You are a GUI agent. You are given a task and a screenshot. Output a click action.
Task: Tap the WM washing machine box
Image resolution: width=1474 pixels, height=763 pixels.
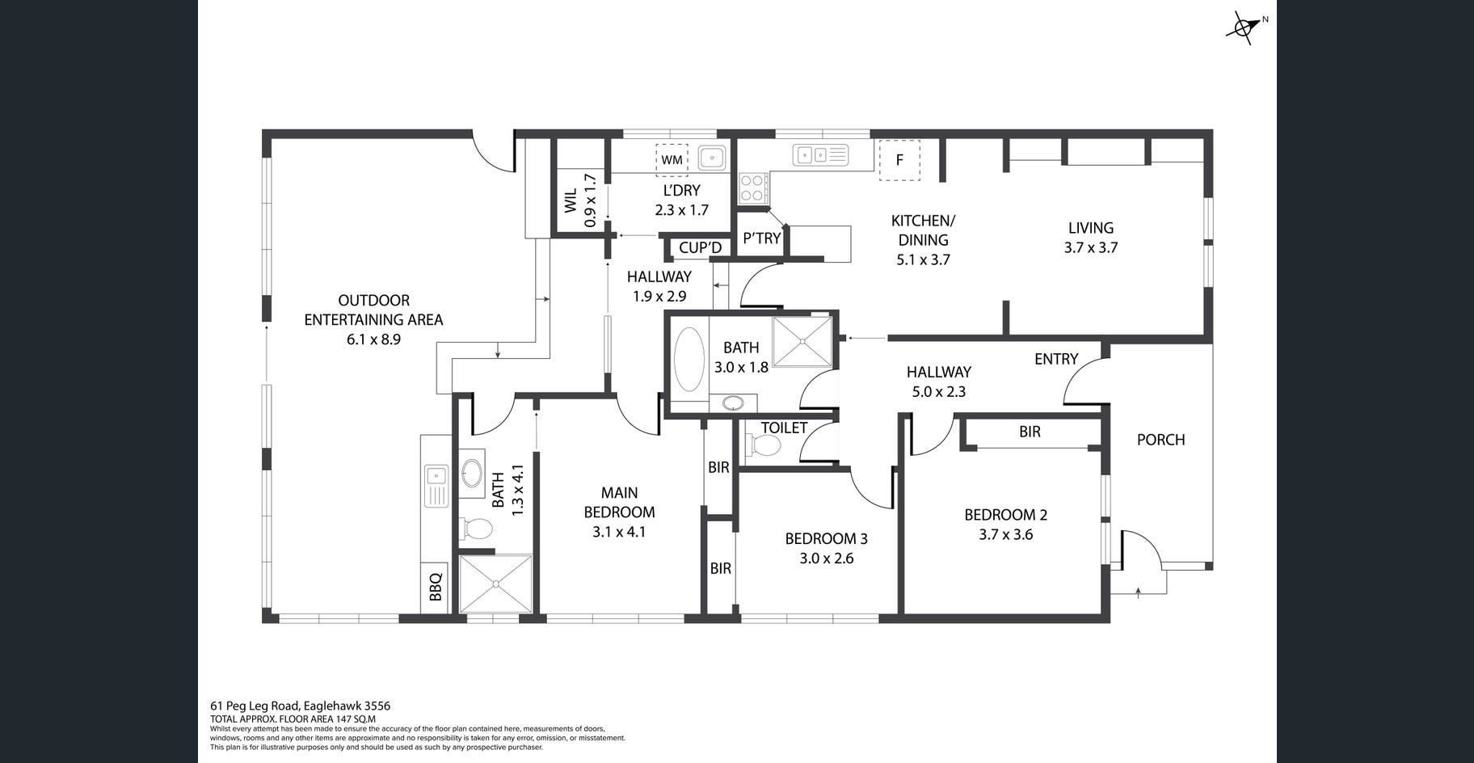[672, 159]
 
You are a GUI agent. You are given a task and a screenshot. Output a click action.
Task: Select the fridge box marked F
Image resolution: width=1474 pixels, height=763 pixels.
[899, 159]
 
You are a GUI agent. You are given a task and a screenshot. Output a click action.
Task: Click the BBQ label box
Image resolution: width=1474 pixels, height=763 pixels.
[435, 587]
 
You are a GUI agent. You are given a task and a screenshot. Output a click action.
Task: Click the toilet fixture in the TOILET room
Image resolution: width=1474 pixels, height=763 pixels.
[764, 445]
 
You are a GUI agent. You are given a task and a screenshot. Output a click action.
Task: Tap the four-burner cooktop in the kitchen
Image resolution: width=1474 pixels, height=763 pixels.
[752, 188]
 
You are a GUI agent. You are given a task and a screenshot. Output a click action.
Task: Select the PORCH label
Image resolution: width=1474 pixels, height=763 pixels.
[1160, 440]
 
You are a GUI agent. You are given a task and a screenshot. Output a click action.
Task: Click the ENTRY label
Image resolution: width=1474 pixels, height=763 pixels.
[1056, 359]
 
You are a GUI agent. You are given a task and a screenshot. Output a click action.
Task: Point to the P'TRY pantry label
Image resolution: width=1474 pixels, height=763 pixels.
[761, 238]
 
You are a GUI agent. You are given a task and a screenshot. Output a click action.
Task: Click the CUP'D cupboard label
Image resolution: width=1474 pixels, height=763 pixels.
[700, 248]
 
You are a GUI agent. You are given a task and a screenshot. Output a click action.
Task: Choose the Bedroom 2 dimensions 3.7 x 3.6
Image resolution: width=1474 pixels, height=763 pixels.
[1005, 534]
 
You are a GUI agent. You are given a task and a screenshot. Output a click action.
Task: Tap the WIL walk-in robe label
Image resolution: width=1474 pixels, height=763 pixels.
[571, 201]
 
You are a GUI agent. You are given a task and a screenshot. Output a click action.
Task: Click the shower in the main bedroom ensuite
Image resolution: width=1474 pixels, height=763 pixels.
[495, 584]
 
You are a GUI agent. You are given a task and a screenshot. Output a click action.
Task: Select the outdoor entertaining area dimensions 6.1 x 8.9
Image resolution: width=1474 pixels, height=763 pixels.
[373, 339]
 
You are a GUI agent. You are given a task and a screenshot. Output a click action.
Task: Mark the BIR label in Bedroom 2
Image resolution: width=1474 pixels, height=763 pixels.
[1030, 432]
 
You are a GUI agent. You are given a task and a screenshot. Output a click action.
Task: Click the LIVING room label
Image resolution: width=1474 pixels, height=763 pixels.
[1090, 228]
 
